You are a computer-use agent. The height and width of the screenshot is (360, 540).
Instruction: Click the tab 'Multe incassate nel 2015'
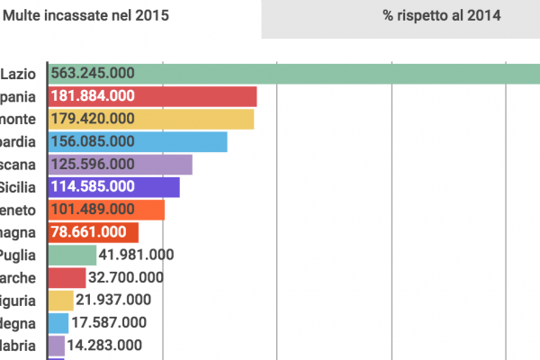(x=85, y=15)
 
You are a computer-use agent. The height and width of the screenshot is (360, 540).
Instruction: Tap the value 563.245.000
(x=93, y=74)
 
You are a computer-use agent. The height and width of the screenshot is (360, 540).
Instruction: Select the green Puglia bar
(x=73, y=255)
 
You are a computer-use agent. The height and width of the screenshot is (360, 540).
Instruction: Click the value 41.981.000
(x=136, y=255)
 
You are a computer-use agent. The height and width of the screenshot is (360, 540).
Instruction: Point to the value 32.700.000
(x=125, y=277)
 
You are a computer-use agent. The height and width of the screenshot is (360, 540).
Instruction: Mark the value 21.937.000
(x=112, y=300)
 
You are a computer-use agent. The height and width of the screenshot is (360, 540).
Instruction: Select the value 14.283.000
(x=103, y=345)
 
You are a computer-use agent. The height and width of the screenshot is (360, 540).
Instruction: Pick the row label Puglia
(x=18, y=255)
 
